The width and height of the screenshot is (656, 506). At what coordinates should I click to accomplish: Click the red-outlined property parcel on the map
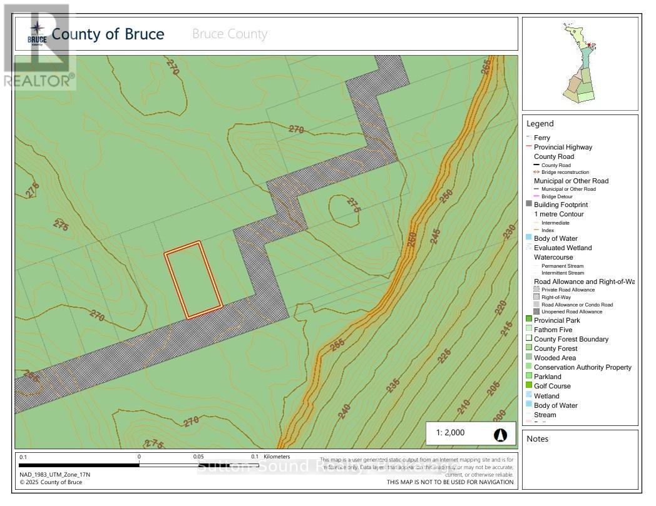click(x=193, y=280)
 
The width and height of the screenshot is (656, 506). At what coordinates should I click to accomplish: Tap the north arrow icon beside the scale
click(x=500, y=434)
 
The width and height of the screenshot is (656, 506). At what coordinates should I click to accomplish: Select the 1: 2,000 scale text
click(x=451, y=433)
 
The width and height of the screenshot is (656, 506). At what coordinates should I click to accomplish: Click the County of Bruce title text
click(x=108, y=34)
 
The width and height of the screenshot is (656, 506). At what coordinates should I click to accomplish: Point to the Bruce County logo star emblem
click(x=37, y=29)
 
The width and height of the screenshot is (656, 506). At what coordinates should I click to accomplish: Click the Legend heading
click(x=540, y=124)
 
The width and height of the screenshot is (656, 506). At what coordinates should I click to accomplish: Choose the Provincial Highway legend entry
click(x=562, y=147)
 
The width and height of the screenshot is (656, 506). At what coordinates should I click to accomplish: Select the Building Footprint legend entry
click(x=560, y=205)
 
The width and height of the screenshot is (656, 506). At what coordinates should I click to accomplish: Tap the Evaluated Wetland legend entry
click(x=562, y=248)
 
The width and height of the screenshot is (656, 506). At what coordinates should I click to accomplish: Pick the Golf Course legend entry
click(x=552, y=386)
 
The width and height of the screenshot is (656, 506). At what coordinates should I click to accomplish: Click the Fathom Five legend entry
click(x=553, y=330)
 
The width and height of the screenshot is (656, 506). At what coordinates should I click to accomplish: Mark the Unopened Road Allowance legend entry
click(x=571, y=311)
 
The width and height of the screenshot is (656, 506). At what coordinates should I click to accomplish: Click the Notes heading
click(x=537, y=438)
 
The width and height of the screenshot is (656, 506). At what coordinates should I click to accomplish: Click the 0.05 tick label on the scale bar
click(x=198, y=457)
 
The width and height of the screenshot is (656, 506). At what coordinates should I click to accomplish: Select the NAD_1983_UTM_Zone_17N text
click(x=54, y=474)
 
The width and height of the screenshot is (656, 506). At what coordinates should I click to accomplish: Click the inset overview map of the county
click(x=580, y=63)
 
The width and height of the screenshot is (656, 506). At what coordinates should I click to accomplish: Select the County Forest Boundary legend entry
click(x=570, y=339)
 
